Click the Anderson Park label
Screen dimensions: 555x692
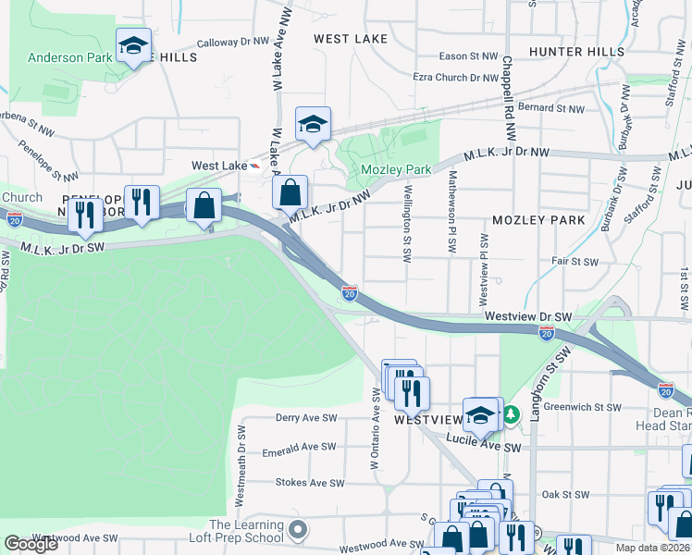(69, 57)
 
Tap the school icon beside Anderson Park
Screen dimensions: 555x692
(132, 45)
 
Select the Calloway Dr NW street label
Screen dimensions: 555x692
(231, 43)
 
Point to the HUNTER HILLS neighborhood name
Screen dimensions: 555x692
(570, 52)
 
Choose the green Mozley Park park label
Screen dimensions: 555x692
(396, 170)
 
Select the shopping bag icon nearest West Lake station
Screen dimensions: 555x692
(290, 193)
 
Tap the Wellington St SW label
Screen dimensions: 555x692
(406, 223)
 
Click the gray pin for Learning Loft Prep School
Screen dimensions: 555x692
(297, 531)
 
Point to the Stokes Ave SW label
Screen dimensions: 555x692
(309, 483)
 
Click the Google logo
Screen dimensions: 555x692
(31, 543)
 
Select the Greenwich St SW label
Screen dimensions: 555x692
(582, 406)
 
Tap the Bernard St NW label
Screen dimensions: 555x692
(551, 108)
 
